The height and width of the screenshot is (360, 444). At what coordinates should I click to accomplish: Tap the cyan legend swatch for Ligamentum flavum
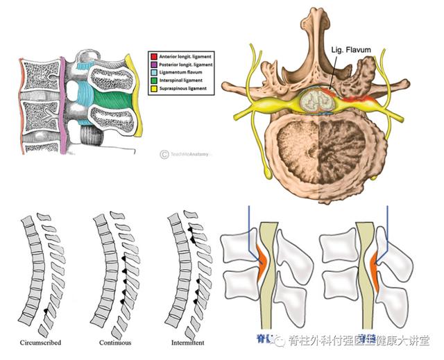153,72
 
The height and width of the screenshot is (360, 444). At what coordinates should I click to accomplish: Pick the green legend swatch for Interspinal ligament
153,80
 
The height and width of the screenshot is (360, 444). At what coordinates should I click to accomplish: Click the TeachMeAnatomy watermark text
191,154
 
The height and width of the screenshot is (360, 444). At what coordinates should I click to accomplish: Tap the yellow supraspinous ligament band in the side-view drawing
139,97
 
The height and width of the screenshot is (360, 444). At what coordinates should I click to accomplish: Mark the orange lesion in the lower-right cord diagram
375,267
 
